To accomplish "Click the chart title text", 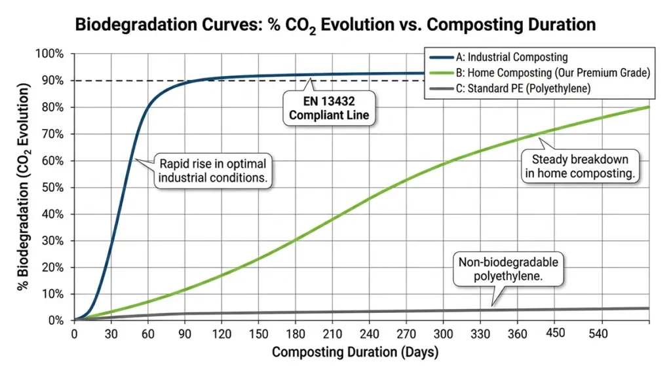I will coord(335,25).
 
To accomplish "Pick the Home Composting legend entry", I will coord(537,73).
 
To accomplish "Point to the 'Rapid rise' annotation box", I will coord(213,172).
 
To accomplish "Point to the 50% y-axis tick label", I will coord(52,187).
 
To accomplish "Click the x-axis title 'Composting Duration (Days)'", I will coord(355,352).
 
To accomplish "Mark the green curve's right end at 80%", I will coord(648,107).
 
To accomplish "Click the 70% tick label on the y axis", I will coord(52,134).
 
